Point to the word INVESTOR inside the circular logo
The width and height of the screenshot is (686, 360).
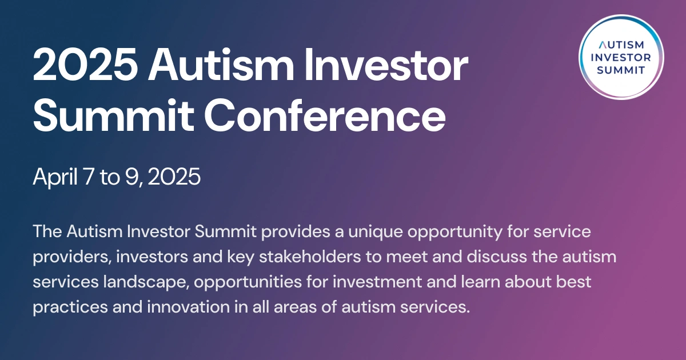click(x=621, y=57)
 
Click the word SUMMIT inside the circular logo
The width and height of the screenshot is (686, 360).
click(x=621, y=70)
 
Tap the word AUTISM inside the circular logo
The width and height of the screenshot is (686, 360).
click(x=621, y=45)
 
